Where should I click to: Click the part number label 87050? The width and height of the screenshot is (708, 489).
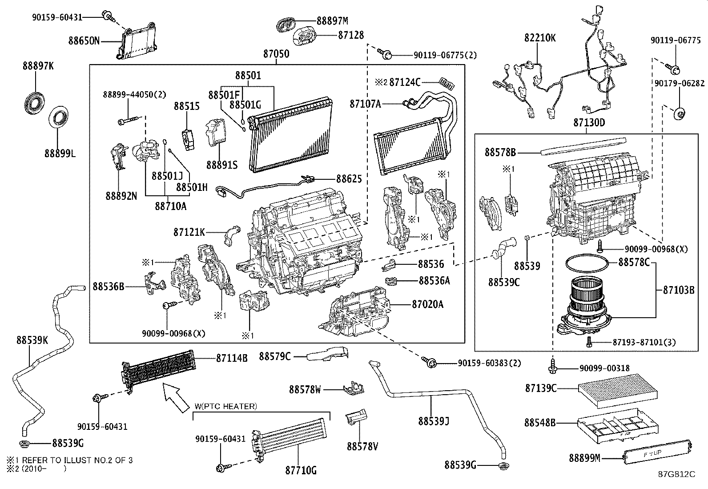pos(276,54)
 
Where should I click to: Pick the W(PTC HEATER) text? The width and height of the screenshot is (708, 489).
pos(225,406)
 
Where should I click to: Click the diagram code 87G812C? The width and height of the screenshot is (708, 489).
pos(676,474)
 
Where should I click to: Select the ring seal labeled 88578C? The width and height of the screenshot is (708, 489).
pos(586,264)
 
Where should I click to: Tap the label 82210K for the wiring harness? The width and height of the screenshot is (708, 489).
pos(540,38)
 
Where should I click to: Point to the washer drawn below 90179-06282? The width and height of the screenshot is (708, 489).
pos(679,114)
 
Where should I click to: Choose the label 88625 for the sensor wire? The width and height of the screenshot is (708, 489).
pos(349,179)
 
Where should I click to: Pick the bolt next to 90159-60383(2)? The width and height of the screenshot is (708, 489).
pos(430,363)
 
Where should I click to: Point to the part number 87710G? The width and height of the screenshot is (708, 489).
pos(301,470)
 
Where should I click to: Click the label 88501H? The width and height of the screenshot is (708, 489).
pos(192,188)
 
